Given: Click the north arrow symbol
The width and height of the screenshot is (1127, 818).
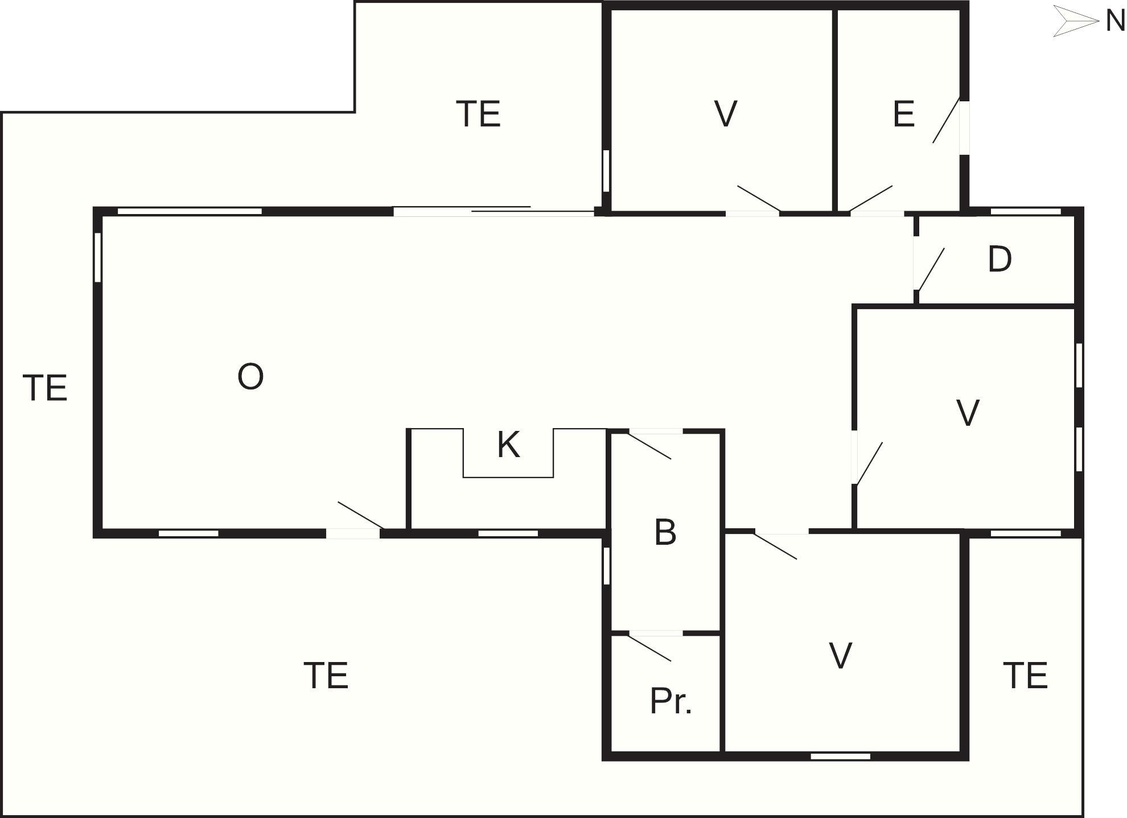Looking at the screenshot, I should coord(1075,22).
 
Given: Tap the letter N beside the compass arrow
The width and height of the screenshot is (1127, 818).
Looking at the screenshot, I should coord(1114,22).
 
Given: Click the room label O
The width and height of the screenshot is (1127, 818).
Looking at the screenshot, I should coord(250,377).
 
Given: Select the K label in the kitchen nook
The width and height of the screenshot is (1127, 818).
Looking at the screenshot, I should coord(508,445).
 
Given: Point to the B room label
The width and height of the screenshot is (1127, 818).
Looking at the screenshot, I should coord(665,532).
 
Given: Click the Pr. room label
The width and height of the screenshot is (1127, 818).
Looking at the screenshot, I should coord(671,701).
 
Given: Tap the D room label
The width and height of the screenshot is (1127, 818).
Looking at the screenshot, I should coord(1000,260).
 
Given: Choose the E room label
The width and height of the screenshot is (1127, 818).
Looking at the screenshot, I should coord(904,114).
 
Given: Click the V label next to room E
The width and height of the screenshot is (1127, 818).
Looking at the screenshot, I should coord(726,114).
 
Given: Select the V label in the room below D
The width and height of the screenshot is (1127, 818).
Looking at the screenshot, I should coord(968,413).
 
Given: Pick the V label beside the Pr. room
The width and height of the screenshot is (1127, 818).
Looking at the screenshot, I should coord(841,656).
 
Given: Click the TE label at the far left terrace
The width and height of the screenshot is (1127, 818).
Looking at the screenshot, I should coord(45,388).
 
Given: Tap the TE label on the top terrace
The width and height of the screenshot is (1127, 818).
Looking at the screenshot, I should coord(478,114).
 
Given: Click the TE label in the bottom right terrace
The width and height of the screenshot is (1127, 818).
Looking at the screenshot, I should coord(1025,676).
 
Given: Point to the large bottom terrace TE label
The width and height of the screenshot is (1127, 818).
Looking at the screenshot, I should coord(326,676).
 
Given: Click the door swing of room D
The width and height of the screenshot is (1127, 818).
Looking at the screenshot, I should coord(930,269).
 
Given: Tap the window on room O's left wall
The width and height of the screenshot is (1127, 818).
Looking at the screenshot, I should coord(98,257).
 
